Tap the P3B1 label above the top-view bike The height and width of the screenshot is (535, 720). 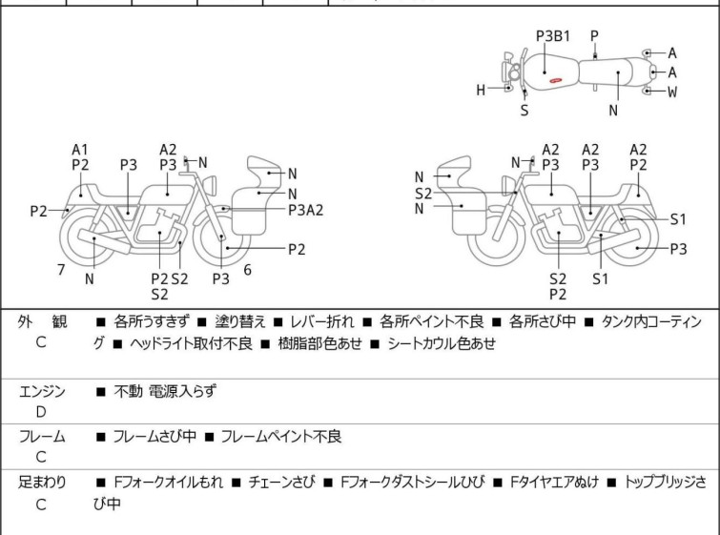pos(552,36)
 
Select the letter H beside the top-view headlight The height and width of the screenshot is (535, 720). pos(482,91)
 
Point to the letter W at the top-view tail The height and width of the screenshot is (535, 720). pos(672,92)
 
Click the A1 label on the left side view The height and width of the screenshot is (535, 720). pos(80,149)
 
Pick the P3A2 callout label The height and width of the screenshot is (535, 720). pos(306,210)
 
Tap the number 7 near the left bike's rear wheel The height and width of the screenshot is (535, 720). pos(61,270)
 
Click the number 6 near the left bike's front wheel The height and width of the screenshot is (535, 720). pos(247,270)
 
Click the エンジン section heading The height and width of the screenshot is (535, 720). pos(42,391)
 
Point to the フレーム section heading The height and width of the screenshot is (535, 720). pos(42,437)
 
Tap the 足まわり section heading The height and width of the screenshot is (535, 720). pos(42,483)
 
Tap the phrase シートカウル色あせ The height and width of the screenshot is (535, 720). pos(442,343)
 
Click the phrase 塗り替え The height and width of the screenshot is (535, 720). pos(229,322)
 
